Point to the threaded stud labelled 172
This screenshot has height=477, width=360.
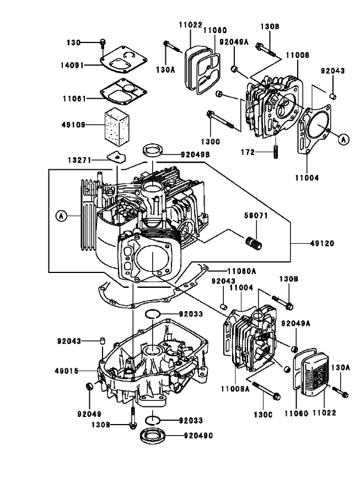[x=275, y=151]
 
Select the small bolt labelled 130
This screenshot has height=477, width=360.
[x=103, y=43]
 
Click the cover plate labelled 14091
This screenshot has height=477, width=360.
[x=121, y=62]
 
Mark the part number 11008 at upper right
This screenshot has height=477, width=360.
[x=297, y=56]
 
